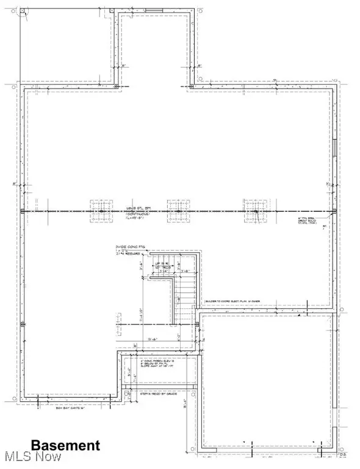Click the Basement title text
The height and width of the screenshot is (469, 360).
click(x=65, y=445)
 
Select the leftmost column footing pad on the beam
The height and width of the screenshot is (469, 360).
click(x=100, y=211)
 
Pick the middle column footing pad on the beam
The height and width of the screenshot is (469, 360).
click(x=177, y=211)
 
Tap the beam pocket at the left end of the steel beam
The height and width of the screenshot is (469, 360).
click(x=23, y=211)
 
